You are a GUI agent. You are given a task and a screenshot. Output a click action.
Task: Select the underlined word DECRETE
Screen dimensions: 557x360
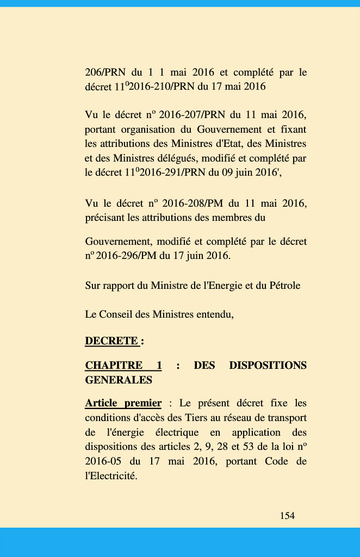(111, 341)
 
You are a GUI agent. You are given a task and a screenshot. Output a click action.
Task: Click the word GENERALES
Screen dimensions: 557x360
(119, 380)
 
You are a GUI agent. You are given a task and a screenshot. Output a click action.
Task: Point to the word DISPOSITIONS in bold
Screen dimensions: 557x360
(268, 365)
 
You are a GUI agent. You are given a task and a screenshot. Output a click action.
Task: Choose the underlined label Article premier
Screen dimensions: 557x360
(123, 403)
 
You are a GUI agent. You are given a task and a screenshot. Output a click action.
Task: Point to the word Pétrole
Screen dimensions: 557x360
(284, 285)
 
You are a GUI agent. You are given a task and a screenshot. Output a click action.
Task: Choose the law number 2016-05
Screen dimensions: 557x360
(103, 462)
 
